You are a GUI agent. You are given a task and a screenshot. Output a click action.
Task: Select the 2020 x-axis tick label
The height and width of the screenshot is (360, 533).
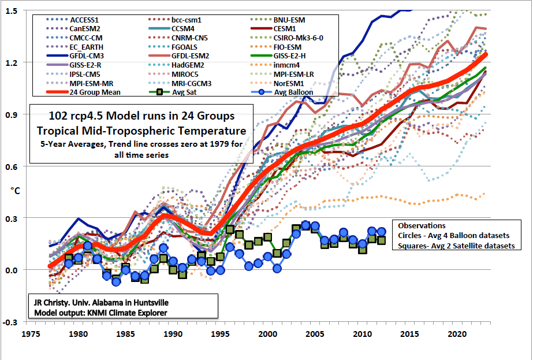coord(457,335)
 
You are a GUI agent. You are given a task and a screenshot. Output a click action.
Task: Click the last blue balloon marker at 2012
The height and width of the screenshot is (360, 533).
coord(381,231)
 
